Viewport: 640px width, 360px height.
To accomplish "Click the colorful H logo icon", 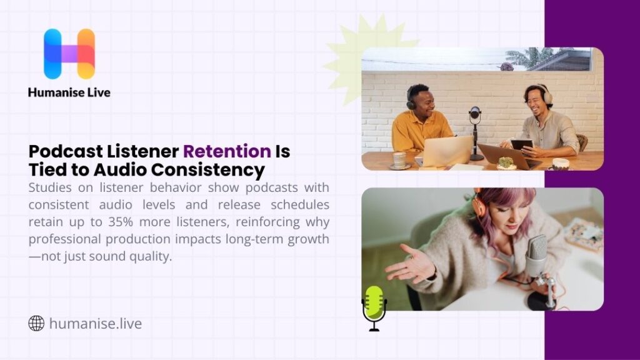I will coord(69,54).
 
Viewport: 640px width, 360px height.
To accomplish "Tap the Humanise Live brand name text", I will coord(69,92).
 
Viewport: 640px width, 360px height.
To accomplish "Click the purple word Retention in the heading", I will coord(227,151).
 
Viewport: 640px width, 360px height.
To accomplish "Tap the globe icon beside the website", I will coord(36,323).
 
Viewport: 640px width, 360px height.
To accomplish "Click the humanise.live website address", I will coord(95,324).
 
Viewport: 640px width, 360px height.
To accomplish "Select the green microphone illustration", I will coord(374,307).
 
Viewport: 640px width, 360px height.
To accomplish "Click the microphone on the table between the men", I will coord(475,116).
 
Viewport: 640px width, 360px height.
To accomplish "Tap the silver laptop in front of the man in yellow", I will coord(447,151).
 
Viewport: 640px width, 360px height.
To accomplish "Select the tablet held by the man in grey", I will coord(521,145).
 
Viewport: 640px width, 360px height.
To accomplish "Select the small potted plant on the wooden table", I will coord(506,162).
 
